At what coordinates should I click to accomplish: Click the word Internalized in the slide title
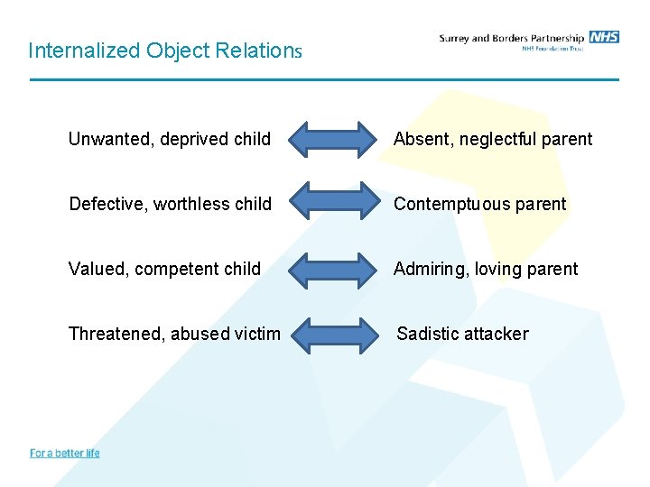tap(74, 51)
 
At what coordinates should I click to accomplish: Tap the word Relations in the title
tap(257, 51)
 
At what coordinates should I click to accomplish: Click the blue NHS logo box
tap(604, 37)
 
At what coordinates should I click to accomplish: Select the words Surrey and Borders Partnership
tap(511, 38)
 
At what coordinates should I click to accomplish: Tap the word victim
tap(257, 334)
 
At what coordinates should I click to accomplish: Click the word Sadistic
tap(427, 334)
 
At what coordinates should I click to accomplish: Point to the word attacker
tap(496, 334)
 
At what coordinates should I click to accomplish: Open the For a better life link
tap(65, 453)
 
